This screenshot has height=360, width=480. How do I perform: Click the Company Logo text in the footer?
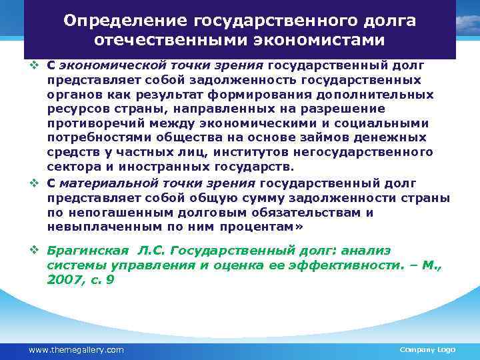coord(427,350)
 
